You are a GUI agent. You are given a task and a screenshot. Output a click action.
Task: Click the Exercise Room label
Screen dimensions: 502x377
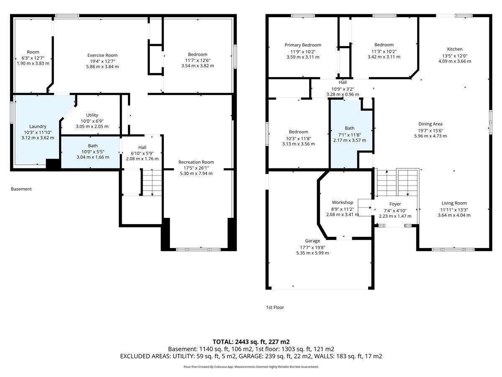point(102,55)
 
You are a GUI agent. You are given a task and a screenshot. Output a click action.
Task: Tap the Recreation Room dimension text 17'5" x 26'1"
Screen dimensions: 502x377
point(196,168)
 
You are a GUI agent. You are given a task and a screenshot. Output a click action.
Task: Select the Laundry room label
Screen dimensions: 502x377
point(38,127)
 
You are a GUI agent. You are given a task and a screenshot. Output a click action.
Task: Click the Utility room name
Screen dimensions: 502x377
point(92,115)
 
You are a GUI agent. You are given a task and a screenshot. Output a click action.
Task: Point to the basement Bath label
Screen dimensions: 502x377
point(92,146)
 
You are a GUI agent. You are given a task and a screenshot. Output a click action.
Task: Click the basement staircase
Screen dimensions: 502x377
point(152,183)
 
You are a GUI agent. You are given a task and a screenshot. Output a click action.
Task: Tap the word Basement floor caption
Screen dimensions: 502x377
point(21,189)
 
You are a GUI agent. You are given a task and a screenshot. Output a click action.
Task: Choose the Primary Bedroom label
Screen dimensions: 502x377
point(303,45)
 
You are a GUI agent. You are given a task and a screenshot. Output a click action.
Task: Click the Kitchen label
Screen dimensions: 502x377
point(455,49)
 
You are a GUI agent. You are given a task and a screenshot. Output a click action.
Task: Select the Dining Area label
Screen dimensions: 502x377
point(430,124)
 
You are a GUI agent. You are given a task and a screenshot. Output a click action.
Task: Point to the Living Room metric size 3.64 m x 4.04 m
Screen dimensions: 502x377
point(454,215)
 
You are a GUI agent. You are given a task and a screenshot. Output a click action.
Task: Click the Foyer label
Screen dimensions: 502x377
point(395,204)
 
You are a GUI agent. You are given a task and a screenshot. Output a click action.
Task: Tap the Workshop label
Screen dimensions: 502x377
point(342,202)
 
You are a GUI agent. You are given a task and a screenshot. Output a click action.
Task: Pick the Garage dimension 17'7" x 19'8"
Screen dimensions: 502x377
point(312,247)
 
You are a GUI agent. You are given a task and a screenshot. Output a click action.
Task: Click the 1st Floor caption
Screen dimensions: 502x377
point(275,307)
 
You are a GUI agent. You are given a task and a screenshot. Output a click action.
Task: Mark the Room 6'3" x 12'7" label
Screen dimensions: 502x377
point(33,58)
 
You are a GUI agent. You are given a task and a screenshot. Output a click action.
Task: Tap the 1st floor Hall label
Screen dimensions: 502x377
point(343,82)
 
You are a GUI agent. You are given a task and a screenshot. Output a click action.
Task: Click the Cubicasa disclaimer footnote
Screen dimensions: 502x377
point(251,367)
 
